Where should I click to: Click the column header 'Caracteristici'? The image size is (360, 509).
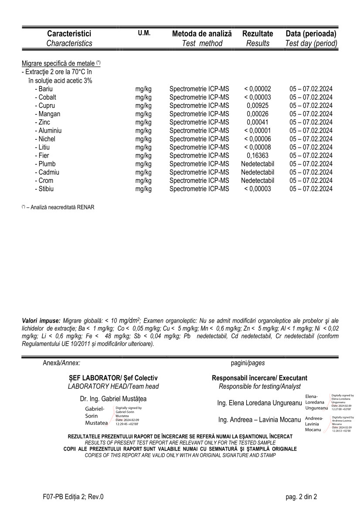tap(69, 34)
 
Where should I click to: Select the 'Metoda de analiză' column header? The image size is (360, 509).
tap(202, 34)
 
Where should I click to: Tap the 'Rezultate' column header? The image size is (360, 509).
tap(258, 34)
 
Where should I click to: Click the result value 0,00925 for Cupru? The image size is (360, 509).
tap(258, 106)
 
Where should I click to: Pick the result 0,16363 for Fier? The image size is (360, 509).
tap(258, 155)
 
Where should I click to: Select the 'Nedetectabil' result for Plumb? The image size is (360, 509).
tap(258, 164)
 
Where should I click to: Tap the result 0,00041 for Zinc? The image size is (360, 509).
tap(258, 122)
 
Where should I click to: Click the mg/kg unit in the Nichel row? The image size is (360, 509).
tap(143, 139)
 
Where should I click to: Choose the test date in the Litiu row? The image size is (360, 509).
tap(311, 147)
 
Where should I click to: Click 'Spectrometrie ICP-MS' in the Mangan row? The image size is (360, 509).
tap(199, 114)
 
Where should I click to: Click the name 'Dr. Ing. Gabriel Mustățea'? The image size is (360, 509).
tap(113, 398)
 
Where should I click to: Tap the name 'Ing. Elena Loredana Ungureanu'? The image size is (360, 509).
tap(259, 403)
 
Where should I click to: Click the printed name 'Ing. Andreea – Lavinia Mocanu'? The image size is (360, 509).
tap(259, 420)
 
